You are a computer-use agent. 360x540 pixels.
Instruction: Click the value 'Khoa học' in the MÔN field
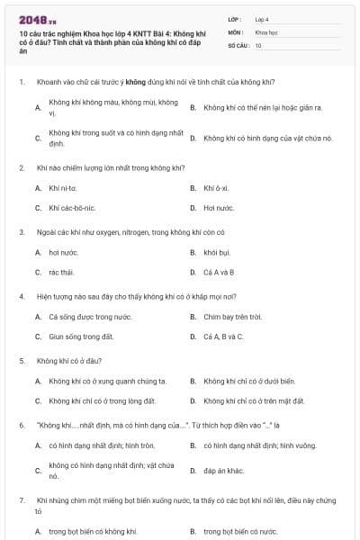pos(265,31)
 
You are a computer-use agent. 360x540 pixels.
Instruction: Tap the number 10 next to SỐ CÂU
pos(258,44)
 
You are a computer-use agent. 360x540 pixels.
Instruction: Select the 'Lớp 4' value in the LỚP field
pos(262,18)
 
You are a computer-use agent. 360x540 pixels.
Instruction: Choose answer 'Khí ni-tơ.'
pos(63,187)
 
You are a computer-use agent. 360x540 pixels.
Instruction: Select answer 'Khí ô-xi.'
pos(216,187)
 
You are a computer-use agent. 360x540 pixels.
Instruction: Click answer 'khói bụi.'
pos(218,252)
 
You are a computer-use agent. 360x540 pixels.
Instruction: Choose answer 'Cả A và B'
pos(219,272)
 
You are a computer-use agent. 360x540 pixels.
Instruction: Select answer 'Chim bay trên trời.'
pos(232,316)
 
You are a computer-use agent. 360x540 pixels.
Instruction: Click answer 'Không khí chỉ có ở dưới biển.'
pos(249,381)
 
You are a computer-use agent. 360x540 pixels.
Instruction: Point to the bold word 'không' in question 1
pos(136,82)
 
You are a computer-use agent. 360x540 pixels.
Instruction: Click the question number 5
pos(21,360)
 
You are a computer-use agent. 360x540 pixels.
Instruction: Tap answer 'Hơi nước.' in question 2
pos(219,208)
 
